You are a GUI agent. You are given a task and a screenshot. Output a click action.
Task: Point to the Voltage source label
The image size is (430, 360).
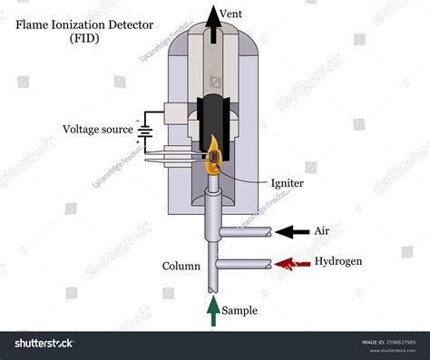pyautogui.click(x=95, y=129)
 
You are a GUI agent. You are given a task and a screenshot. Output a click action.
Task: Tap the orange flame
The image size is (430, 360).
pyautogui.click(x=212, y=156)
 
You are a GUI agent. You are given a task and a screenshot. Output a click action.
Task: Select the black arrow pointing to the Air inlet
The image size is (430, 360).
pyautogui.click(x=293, y=233)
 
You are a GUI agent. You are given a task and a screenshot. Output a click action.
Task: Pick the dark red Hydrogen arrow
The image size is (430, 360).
pyautogui.click(x=293, y=263)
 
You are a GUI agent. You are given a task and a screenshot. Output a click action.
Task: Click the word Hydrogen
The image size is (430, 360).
pyautogui.click(x=338, y=262)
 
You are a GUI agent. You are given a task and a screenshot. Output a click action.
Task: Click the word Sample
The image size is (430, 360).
pyautogui.click(x=241, y=310)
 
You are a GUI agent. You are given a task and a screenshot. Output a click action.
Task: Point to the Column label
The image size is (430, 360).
pyautogui.click(x=181, y=266)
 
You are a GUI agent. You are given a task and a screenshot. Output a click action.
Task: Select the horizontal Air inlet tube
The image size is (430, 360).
pyautogui.click(x=245, y=233)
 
